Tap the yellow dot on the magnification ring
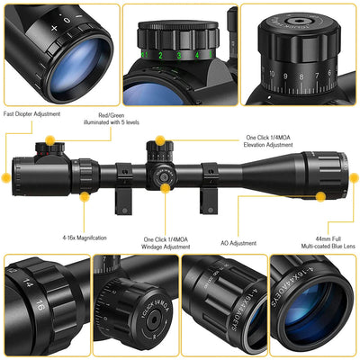84,193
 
